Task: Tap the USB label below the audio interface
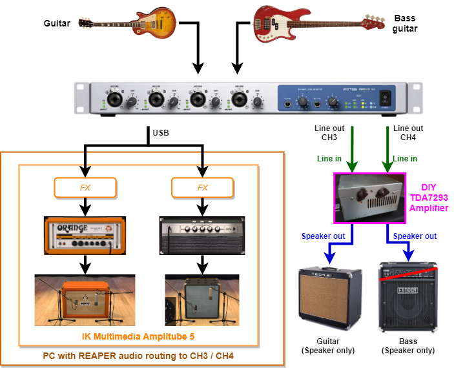tap(161, 134)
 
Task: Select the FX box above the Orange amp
tap(85, 188)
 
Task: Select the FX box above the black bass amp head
tap(203, 188)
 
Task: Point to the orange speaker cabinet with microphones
tap(85, 300)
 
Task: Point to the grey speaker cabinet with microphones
tap(203, 300)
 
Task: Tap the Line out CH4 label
tap(408, 132)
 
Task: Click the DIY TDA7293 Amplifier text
tap(428, 197)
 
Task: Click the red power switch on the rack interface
tap(387, 98)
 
